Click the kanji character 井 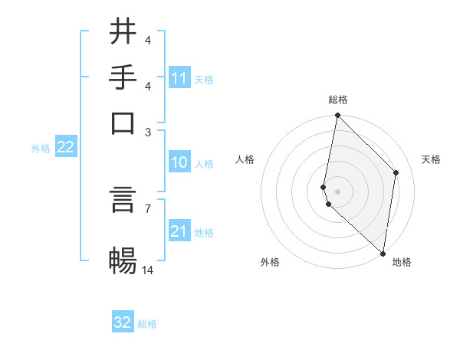(123, 31)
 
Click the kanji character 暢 (123, 260)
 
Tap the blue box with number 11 (179, 77)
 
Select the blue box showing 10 (179, 162)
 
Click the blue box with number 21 (179, 231)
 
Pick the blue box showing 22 (65, 148)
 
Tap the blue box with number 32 (123, 322)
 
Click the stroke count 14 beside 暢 (148, 270)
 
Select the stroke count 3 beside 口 (148, 132)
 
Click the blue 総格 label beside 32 (147, 324)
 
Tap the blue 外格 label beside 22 (40, 149)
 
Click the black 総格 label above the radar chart (338, 100)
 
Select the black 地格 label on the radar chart (402, 262)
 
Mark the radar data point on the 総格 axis (337, 116)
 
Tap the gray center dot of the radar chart (337, 191)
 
